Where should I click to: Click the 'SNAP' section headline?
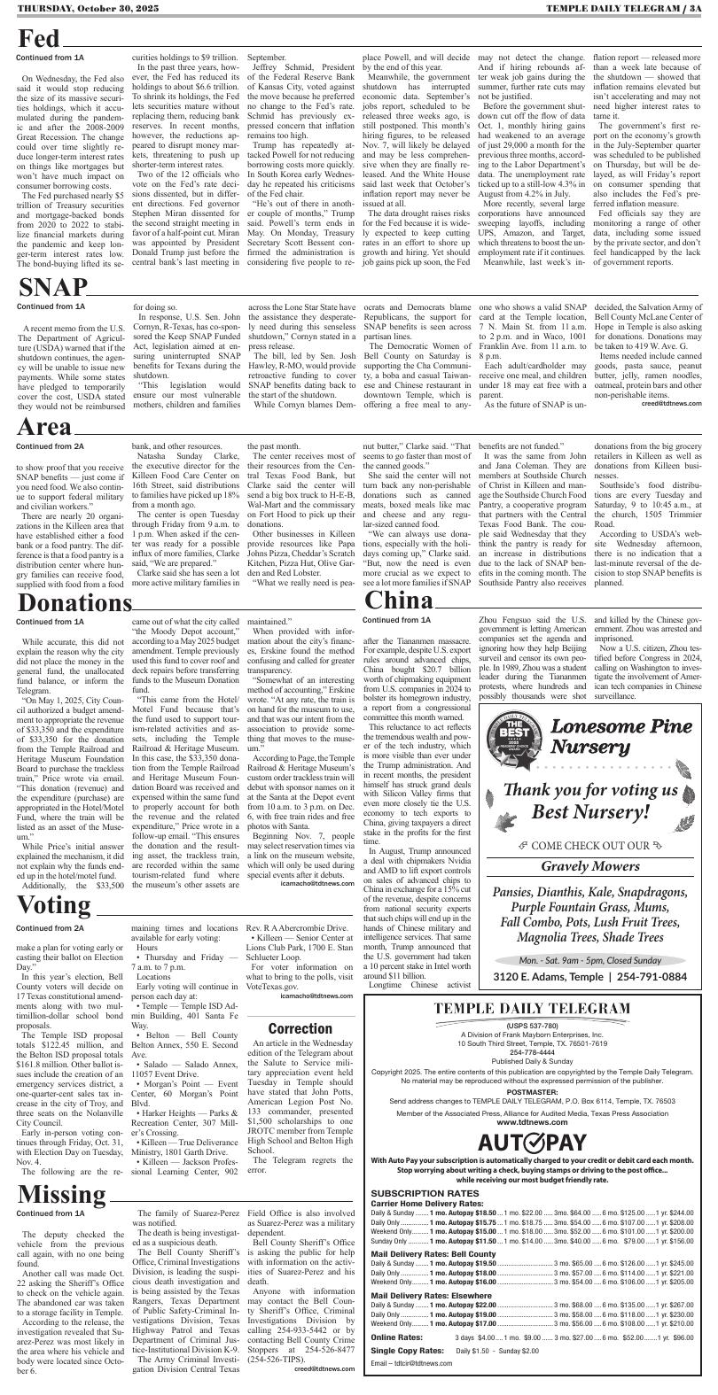53,288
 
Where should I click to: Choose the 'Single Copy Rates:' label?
407,1350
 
